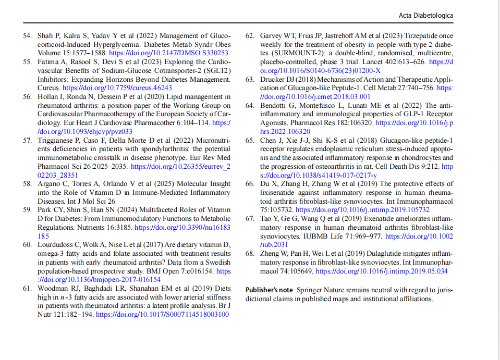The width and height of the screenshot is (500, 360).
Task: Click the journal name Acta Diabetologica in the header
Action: [426, 16]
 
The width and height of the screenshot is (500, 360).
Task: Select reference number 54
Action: [27, 36]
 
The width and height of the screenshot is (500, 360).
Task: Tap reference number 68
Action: [250, 254]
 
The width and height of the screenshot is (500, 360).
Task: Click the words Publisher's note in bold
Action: [269, 290]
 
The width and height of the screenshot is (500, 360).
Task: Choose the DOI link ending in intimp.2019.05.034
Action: [382, 271]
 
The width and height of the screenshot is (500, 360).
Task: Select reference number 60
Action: [27, 245]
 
